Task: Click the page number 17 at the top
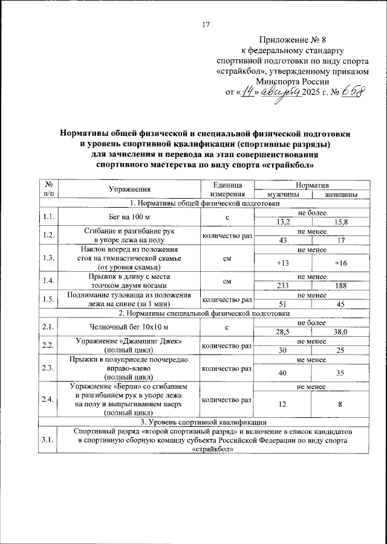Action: point(205,25)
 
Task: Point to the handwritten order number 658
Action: point(356,93)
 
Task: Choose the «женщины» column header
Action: point(340,194)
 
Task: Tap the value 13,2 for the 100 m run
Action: point(282,222)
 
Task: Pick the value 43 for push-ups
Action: point(282,242)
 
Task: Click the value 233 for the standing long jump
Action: point(282,286)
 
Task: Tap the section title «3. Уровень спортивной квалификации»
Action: point(205,422)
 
